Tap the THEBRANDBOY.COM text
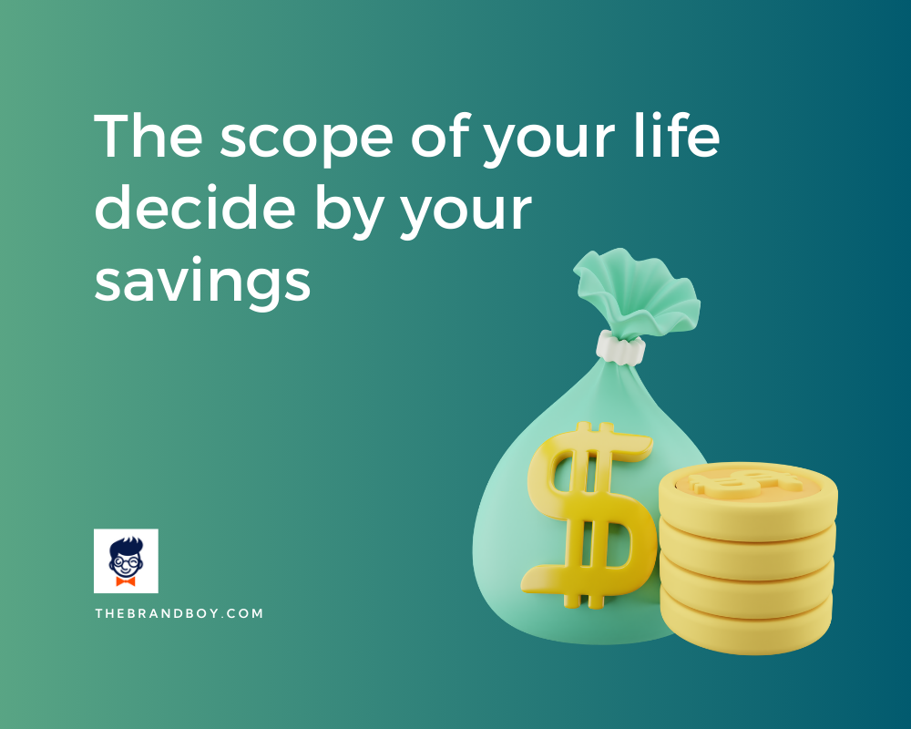179,613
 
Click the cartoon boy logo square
126,560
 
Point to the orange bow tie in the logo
126,580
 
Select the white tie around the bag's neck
620,346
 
